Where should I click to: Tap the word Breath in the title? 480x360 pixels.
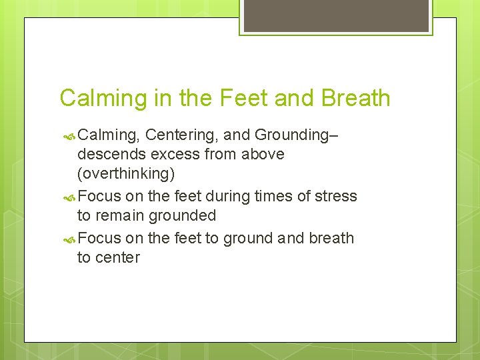tap(356, 98)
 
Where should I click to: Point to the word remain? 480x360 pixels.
tap(121, 215)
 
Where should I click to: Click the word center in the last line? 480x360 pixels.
tap(118, 257)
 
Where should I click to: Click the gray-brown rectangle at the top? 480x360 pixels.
tap(335, 15)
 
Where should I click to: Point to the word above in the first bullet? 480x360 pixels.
tap(261, 154)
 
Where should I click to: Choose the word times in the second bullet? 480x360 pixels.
tap(279, 196)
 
